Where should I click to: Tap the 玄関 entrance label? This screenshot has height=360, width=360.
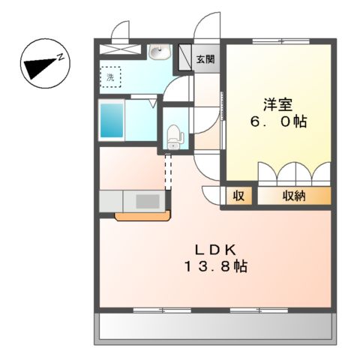pyautogui.click(x=205, y=59)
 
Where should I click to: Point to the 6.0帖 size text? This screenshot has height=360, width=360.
pyautogui.click(x=278, y=121)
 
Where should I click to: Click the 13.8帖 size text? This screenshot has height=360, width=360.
pyautogui.click(x=214, y=265)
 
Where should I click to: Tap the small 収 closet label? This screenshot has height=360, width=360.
pyautogui.click(x=238, y=196)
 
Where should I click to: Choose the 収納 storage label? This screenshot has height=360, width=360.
pyautogui.click(x=293, y=196)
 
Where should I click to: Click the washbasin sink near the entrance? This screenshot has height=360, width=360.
pyautogui.click(x=158, y=52)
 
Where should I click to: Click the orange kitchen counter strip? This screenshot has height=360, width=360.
pyautogui.click(x=142, y=217)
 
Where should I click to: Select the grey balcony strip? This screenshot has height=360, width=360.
pyautogui.click(x=214, y=325)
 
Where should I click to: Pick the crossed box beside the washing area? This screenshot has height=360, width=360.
pyautogui.click(x=119, y=49)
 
